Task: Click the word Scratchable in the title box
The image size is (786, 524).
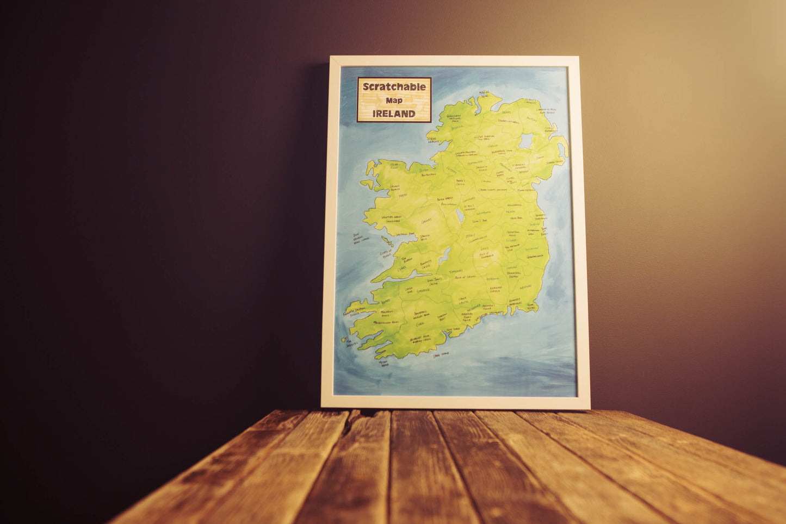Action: click(x=394, y=86)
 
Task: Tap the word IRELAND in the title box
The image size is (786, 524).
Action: click(x=394, y=114)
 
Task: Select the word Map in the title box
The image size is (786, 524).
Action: click(x=394, y=100)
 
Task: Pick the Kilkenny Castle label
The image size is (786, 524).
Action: click(x=495, y=290)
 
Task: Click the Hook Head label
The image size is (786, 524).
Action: click(x=531, y=307)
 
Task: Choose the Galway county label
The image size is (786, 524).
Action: click(x=426, y=221)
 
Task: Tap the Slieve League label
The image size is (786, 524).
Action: click(x=433, y=140)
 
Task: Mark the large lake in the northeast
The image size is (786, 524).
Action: click(x=526, y=141)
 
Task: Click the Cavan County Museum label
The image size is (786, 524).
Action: click(x=493, y=190)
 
